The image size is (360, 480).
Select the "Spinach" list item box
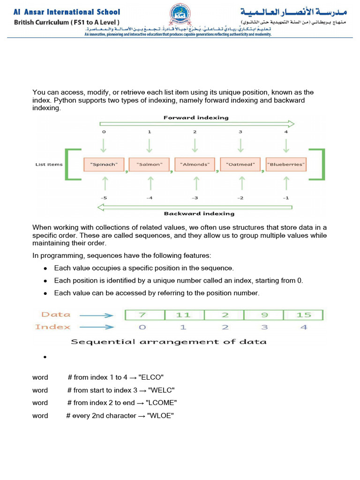(x=104, y=165)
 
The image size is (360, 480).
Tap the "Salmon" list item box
(x=150, y=165)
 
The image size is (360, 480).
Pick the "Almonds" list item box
(x=195, y=165)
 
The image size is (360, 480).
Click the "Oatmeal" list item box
(x=240, y=165)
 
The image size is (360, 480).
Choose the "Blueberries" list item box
(x=286, y=165)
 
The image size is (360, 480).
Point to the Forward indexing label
(x=196, y=118)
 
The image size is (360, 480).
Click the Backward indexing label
(x=199, y=214)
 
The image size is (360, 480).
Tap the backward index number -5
(x=104, y=198)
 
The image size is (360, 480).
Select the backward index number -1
(x=285, y=198)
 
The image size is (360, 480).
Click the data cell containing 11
(x=184, y=315)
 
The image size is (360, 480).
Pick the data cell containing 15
(x=304, y=315)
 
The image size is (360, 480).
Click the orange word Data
(x=56, y=315)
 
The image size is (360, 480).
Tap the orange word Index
(x=53, y=327)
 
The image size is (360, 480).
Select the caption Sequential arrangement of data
(x=168, y=342)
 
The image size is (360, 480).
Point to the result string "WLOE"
(x=161, y=415)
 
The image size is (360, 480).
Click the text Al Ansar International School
(x=67, y=12)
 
